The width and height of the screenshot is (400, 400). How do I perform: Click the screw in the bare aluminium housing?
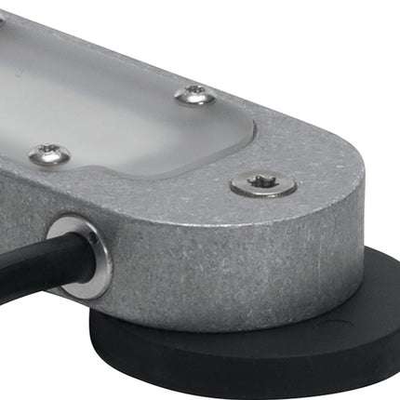(x=263, y=184)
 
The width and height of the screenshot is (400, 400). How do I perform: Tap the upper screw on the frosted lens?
(x=195, y=93)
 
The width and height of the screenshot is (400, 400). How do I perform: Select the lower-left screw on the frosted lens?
(x=48, y=153)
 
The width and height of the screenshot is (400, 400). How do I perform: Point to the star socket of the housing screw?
(x=263, y=183)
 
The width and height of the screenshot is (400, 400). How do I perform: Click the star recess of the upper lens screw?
(x=195, y=92)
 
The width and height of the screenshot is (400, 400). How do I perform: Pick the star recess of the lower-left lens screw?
(x=48, y=153)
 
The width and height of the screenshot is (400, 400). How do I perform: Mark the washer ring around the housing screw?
(x=279, y=190)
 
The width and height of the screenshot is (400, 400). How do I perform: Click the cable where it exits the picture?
(x=4, y=270)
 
